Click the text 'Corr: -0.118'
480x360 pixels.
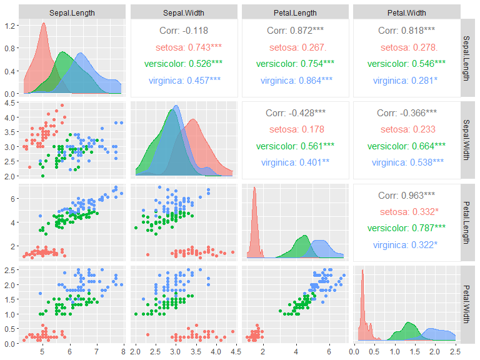click(184, 30)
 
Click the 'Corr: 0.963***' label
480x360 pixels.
click(407, 195)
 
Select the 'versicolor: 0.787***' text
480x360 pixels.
click(407, 229)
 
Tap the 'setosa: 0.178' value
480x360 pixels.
click(295, 129)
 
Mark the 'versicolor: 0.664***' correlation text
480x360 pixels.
click(407, 146)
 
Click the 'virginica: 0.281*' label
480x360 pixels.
click(407, 81)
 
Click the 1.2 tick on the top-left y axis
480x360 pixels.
click(11, 26)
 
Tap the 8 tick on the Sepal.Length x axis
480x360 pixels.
click(123, 353)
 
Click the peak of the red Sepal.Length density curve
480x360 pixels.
click(43, 24)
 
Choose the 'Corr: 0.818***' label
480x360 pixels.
click(407, 30)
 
